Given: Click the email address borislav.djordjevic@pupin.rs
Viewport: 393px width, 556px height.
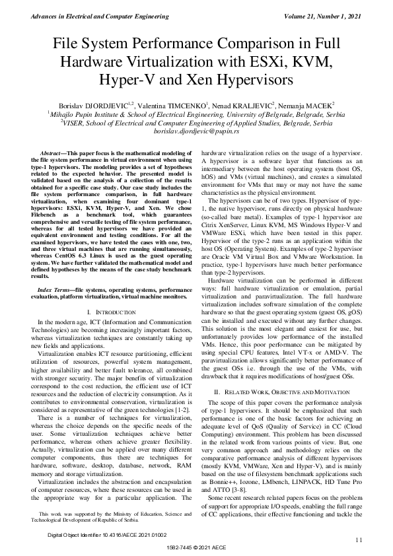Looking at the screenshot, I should pos(196,132).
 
